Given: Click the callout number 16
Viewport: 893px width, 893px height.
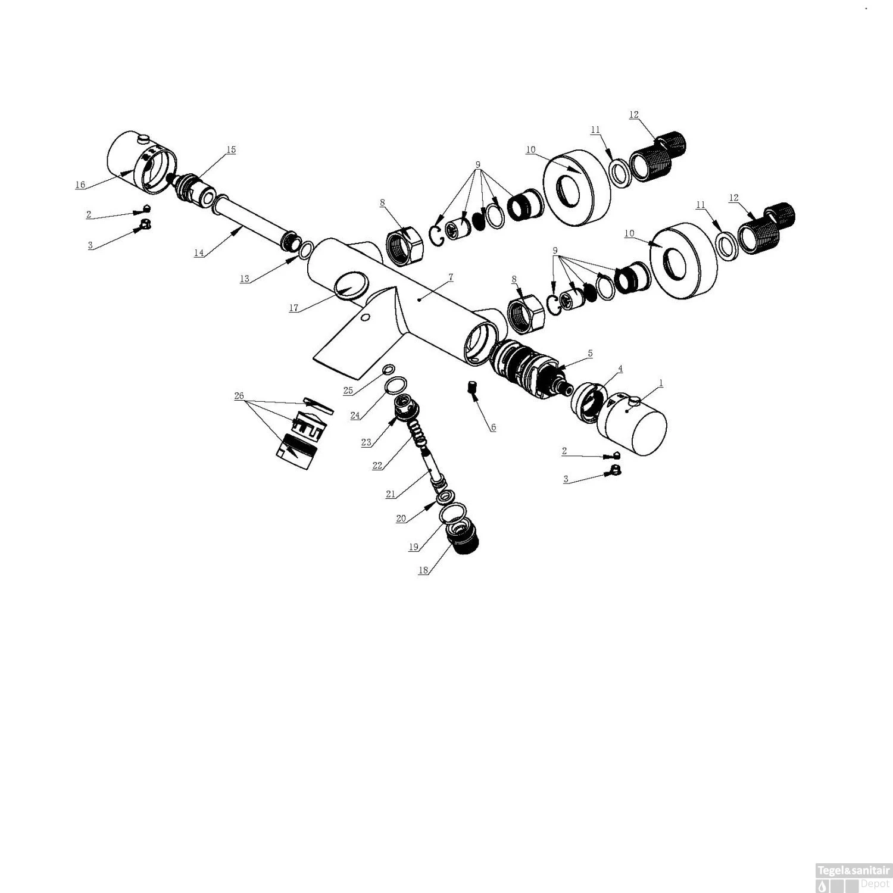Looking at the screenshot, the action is click(x=80, y=185).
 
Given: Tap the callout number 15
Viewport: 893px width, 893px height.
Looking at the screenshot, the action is click(x=231, y=149).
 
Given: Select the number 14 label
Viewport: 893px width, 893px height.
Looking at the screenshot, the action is click(x=199, y=253).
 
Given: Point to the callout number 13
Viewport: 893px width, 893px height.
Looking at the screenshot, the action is click(x=245, y=279).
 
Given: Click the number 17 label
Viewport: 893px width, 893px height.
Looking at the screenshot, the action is click(x=293, y=308).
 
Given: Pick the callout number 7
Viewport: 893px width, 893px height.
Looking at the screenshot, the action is click(x=451, y=277).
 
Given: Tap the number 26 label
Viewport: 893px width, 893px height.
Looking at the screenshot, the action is click(x=239, y=396).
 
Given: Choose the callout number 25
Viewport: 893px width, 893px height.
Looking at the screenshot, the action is click(x=348, y=391).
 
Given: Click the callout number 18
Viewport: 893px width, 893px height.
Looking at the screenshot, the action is click(x=423, y=570).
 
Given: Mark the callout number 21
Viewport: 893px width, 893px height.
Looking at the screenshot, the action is click(x=391, y=494).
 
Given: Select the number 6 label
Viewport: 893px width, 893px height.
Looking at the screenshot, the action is click(x=493, y=427).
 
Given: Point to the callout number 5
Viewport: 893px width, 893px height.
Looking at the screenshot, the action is click(x=590, y=353).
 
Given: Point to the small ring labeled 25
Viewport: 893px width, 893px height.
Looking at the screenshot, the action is click(x=389, y=370).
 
